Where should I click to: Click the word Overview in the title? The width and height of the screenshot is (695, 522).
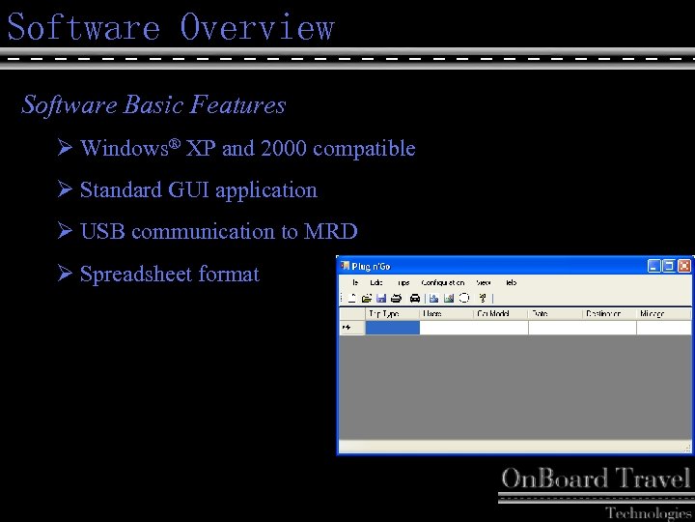[257, 27]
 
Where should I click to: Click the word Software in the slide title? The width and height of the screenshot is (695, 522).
[83, 27]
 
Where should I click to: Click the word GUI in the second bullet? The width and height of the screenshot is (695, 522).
[188, 190]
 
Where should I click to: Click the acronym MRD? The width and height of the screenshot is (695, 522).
[331, 232]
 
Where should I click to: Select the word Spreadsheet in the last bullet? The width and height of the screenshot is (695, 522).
[133, 275]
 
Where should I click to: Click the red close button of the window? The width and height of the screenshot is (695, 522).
[684, 265]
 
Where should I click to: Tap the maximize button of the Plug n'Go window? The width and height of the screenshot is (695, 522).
[669, 265]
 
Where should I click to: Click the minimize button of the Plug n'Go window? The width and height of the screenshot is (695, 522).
[654, 265]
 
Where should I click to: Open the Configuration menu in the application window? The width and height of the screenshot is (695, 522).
[442, 282]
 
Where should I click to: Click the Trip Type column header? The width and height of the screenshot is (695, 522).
[384, 313]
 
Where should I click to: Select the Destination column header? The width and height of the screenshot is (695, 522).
[603, 313]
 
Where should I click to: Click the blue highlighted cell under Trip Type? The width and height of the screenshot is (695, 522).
[392, 328]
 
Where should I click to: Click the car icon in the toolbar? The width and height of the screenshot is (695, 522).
[414, 298]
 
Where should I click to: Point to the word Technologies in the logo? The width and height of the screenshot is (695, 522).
[648, 512]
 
